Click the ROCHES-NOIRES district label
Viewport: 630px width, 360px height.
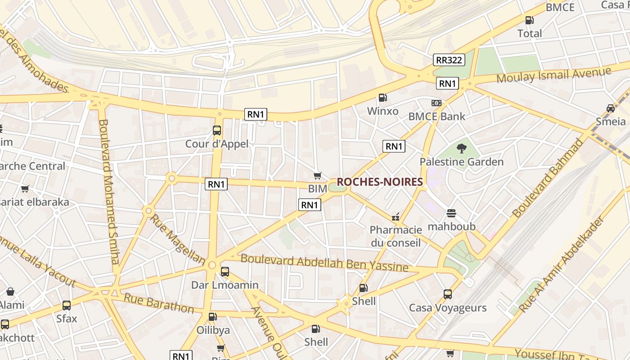pyautogui.click(x=380, y=182)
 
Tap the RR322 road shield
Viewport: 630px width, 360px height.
pyautogui.click(x=449, y=60)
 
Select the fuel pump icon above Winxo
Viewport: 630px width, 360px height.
pyautogui.click(x=382, y=98)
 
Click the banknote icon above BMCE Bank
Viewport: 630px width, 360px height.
pyautogui.click(x=436, y=103)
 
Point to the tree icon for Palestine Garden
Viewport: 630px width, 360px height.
pyautogui.click(x=461, y=148)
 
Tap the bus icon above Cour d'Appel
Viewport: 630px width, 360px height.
pyautogui.click(x=217, y=130)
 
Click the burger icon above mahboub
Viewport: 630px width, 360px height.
pyautogui.click(x=451, y=213)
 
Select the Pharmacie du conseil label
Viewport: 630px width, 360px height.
pyautogui.click(x=396, y=236)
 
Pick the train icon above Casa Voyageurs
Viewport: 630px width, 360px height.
pyautogui.click(x=448, y=294)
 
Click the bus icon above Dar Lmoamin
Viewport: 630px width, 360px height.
pyautogui.click(x=225, y=272)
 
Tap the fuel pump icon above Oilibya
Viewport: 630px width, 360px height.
pyautogui.click(x=213, y=317)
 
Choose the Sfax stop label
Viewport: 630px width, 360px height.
pyautogui.click(x=67, y=319)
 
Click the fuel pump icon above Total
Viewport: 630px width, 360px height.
pyautogui.click(x=530, y=20)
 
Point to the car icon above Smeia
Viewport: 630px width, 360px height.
pyautogui.click(x=611, y=108)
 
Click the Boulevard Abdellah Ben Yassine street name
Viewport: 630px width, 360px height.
pyautogui.click(x=324, y=263)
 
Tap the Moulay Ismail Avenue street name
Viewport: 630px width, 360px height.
pyautogui.click(x=553, y=75)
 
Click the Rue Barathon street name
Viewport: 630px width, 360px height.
pyautogui.click(x=158, y=303)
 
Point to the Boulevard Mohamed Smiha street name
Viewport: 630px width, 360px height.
pyautogui.click(x=109, y=191)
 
